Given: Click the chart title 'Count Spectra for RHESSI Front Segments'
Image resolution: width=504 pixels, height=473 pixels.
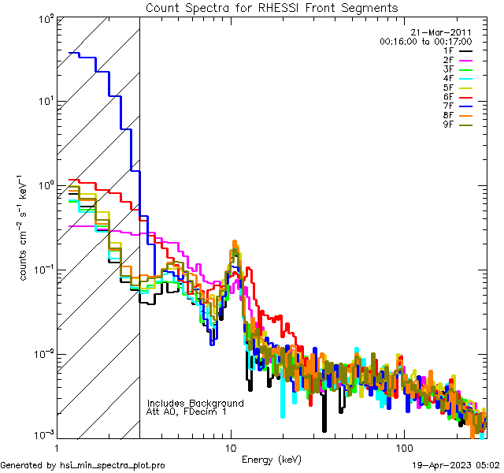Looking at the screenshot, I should pos(272,8).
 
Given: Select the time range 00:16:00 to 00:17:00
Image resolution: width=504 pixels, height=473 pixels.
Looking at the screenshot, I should pos(425,41).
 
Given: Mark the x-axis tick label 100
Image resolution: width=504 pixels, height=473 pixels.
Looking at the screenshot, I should pos(402,448).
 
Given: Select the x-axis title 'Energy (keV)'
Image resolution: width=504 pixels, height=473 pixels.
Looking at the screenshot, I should pos(272,459).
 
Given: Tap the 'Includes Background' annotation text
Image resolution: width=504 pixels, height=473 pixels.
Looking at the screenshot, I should pos(195,403).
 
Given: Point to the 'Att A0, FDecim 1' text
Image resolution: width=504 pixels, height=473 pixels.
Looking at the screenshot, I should pos(187,412).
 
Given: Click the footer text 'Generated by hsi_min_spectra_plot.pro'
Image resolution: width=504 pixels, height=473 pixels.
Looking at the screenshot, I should pos(83,466).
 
